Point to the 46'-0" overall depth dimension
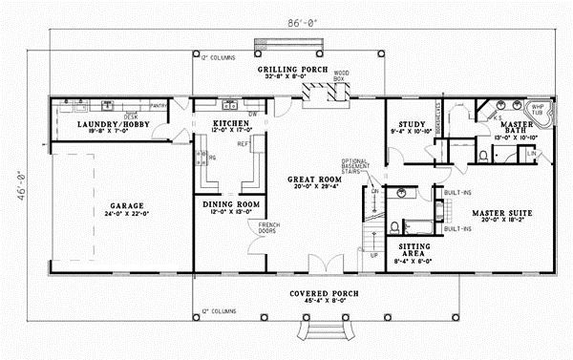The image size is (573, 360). tap(20, 180)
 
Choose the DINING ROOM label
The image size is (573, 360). tap(230, 203)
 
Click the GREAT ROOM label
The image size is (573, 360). tap(315, 179)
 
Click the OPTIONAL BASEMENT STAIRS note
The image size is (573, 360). tap(358, 168)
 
